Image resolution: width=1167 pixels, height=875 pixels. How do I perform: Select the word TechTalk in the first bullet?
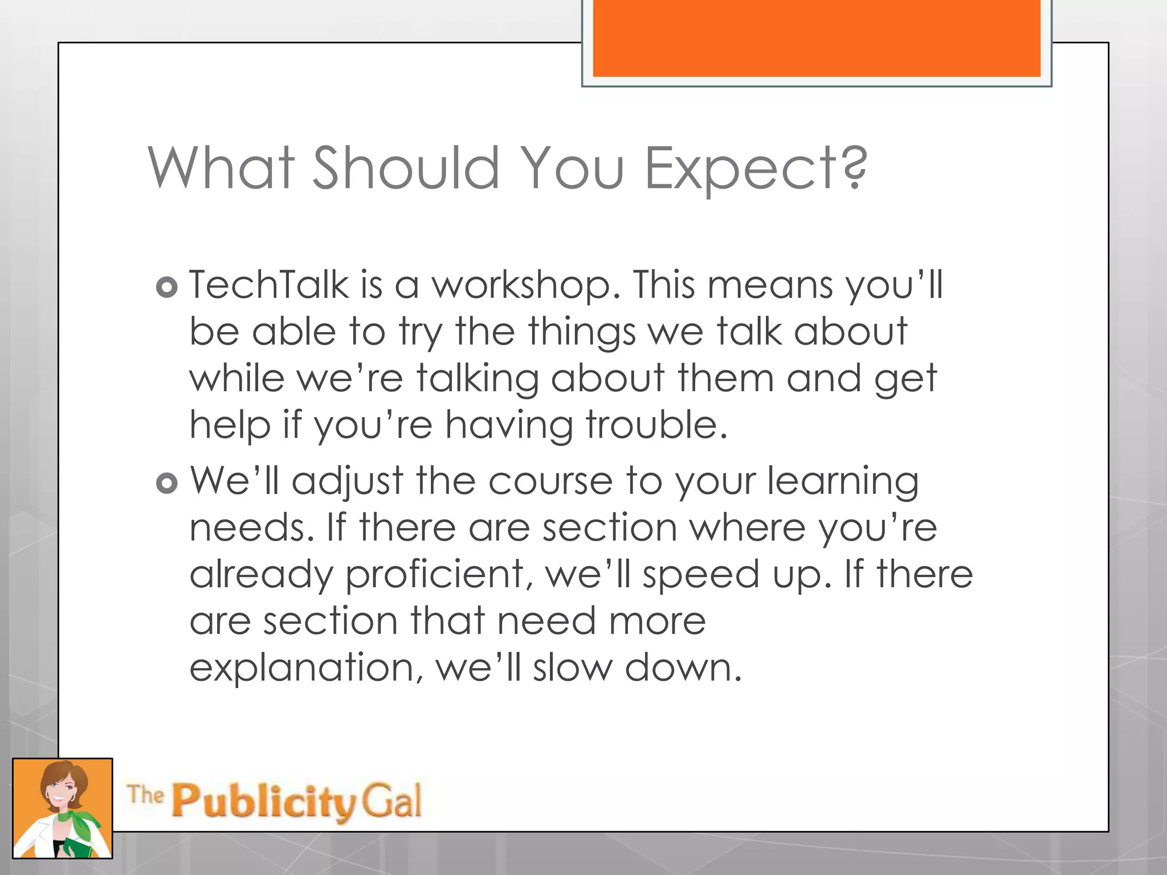[x=268, y=284]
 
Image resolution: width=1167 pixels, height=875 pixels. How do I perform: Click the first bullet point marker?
[x=167, y=288]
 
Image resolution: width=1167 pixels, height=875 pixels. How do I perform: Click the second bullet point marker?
[x=167, y=484]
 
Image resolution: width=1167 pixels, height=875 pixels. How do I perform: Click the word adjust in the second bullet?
[x=348, y=481]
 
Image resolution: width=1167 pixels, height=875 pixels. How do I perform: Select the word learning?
[x=843, y=481]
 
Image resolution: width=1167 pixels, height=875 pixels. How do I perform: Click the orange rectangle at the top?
[x=816, y=38]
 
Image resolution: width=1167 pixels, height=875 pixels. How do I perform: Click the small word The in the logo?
[x=145, y=794]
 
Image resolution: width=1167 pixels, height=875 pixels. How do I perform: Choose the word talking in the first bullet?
[x=477, y=378]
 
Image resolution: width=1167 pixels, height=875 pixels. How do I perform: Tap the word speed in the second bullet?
[x=701, y=574]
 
